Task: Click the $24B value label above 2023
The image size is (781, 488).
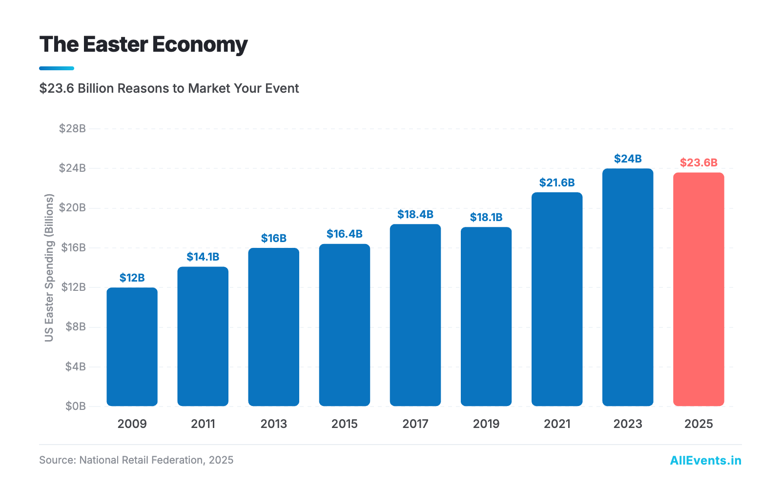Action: (628, 159)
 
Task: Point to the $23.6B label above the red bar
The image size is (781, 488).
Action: (699, 163)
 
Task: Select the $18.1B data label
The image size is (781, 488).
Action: (486, 217)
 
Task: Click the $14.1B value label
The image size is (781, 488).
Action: (203, 257)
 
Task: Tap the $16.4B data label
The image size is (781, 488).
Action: (345, 234)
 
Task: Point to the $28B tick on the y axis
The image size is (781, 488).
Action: (72, 128)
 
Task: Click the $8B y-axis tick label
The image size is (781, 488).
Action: (75, 326)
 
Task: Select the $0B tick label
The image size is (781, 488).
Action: (75, 406)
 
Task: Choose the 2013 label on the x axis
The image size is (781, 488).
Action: (274, 424)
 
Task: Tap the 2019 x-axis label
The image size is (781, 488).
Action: (486, 424)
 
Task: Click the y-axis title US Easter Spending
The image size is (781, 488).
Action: (49, 267)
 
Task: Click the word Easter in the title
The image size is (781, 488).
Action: (115, 44)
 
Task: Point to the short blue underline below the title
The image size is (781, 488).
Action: (57, 68)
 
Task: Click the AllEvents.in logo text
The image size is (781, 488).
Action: (705, 460)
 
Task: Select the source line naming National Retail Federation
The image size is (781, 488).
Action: (136, 460)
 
